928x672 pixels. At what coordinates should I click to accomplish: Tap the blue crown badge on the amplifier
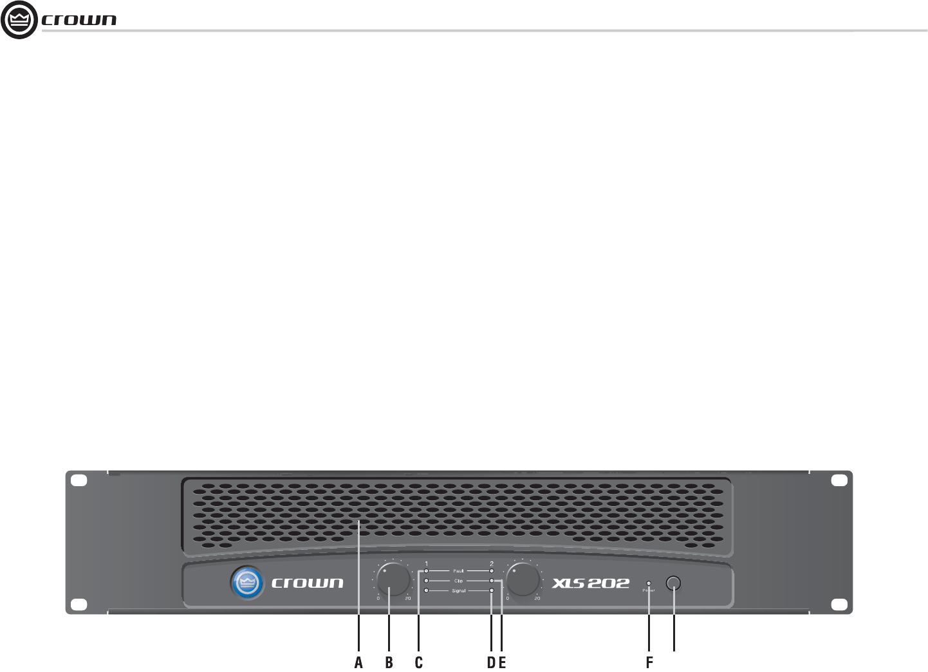tap(247, 583)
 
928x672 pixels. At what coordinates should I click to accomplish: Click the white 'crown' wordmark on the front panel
tap(307, 583)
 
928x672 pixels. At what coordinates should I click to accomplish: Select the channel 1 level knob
tap(393, 580)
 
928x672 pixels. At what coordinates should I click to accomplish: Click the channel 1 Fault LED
tap(426, 571)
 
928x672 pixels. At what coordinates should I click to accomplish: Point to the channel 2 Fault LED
tap(492, 571)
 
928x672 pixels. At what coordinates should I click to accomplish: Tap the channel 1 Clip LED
tap(426, 581)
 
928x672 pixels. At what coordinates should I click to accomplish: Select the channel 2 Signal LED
tap(492, 590)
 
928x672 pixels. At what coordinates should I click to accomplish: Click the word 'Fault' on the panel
tap(458, 571)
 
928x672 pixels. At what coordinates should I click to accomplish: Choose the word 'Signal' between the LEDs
tap(458, 590)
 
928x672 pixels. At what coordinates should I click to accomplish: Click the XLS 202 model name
tap(590, 583)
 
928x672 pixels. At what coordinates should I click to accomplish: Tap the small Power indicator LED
tap(648, 583)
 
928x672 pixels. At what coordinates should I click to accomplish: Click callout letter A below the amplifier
tap(358, 662)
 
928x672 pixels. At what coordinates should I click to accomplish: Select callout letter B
tap(389, 662)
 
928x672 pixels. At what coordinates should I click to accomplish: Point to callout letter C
tap(418, 662)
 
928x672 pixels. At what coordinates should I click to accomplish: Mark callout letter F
tap(649, 662)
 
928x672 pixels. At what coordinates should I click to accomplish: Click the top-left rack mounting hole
tap(78, 480)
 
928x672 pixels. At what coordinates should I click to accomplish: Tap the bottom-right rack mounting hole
tap(839, 604)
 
